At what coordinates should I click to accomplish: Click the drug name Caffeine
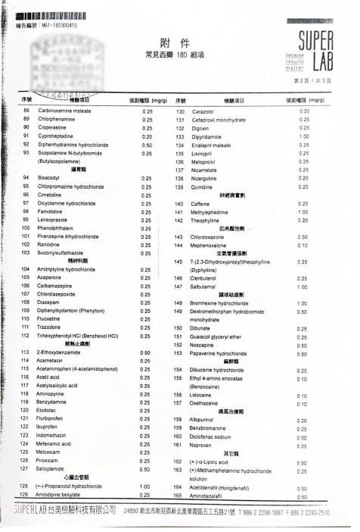click(200, 204)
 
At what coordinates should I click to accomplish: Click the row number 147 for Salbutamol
click(179, 286)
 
